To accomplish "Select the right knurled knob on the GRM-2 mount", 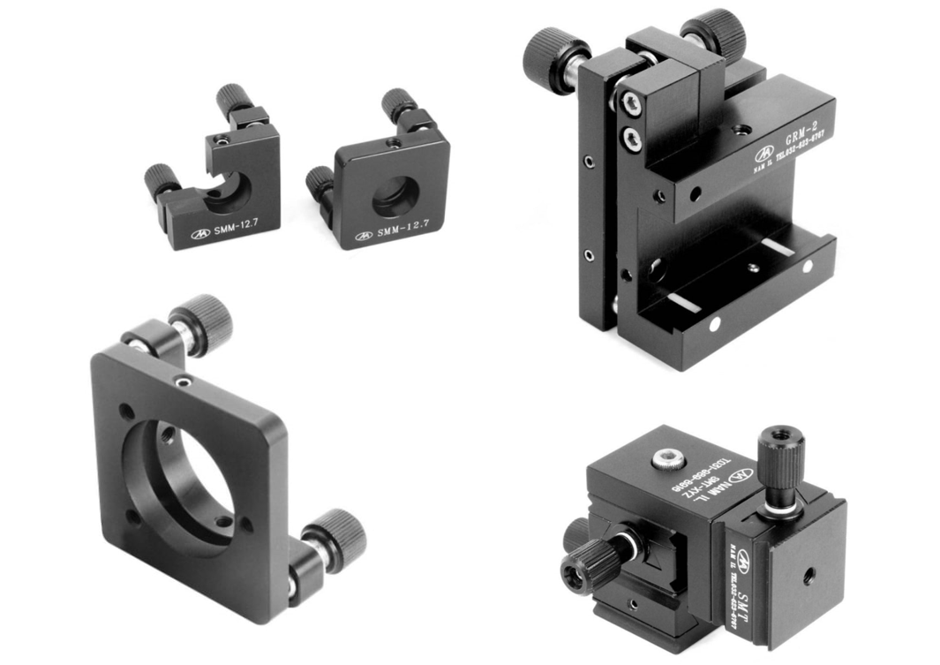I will [714, 34].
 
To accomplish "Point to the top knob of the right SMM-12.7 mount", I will [398, 104].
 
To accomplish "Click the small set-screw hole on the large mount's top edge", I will [183, 382].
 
